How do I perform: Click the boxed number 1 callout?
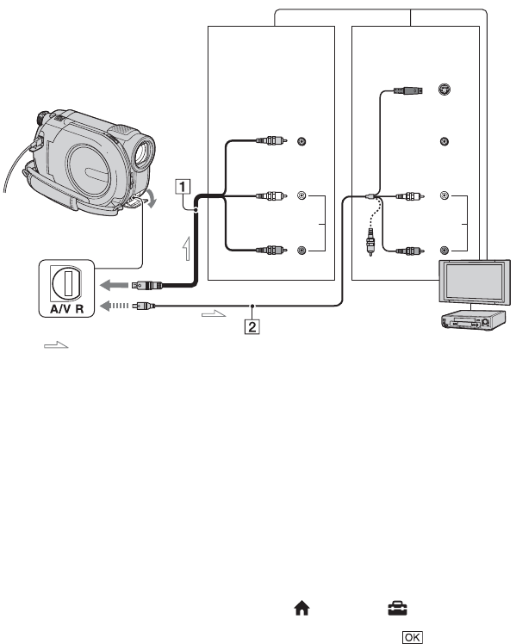pyautogui.click(x=183, y=187)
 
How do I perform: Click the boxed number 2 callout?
pyautogui.click(x=252, y=327)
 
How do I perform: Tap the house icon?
pyautogui.click(x=302, y=608)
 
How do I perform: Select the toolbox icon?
pyautogui.click(x=397, y=608)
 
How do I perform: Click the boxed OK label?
pyautogui.click(x=412, y=637)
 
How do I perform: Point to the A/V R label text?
pyautogui.click(x=66, y=308)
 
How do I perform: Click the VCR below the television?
pyautogui.click(x=472, y=321)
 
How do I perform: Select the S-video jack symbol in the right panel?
pyautogui.click(x=444, y=90)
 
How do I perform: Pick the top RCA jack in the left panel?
pyautogui.click(x=302, y=141)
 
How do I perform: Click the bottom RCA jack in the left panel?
pyautogui.click(x=302, y=250)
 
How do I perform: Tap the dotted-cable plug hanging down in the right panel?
pyautogui.click(x=370, y=245)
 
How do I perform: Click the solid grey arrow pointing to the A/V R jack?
pyautogui.click(x=115, y=284)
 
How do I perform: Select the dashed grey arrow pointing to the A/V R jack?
pyautogui.click(x=115, y=306)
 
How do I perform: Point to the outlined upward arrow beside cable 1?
pyautogui.click(x=187, y=249)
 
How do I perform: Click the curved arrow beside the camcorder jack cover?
pyautogui.click(x=152, y=199)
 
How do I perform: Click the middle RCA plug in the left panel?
pyautogui.click(x=271, y=195)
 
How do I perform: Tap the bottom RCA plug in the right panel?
pyautogui.click(x=408, y=251)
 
